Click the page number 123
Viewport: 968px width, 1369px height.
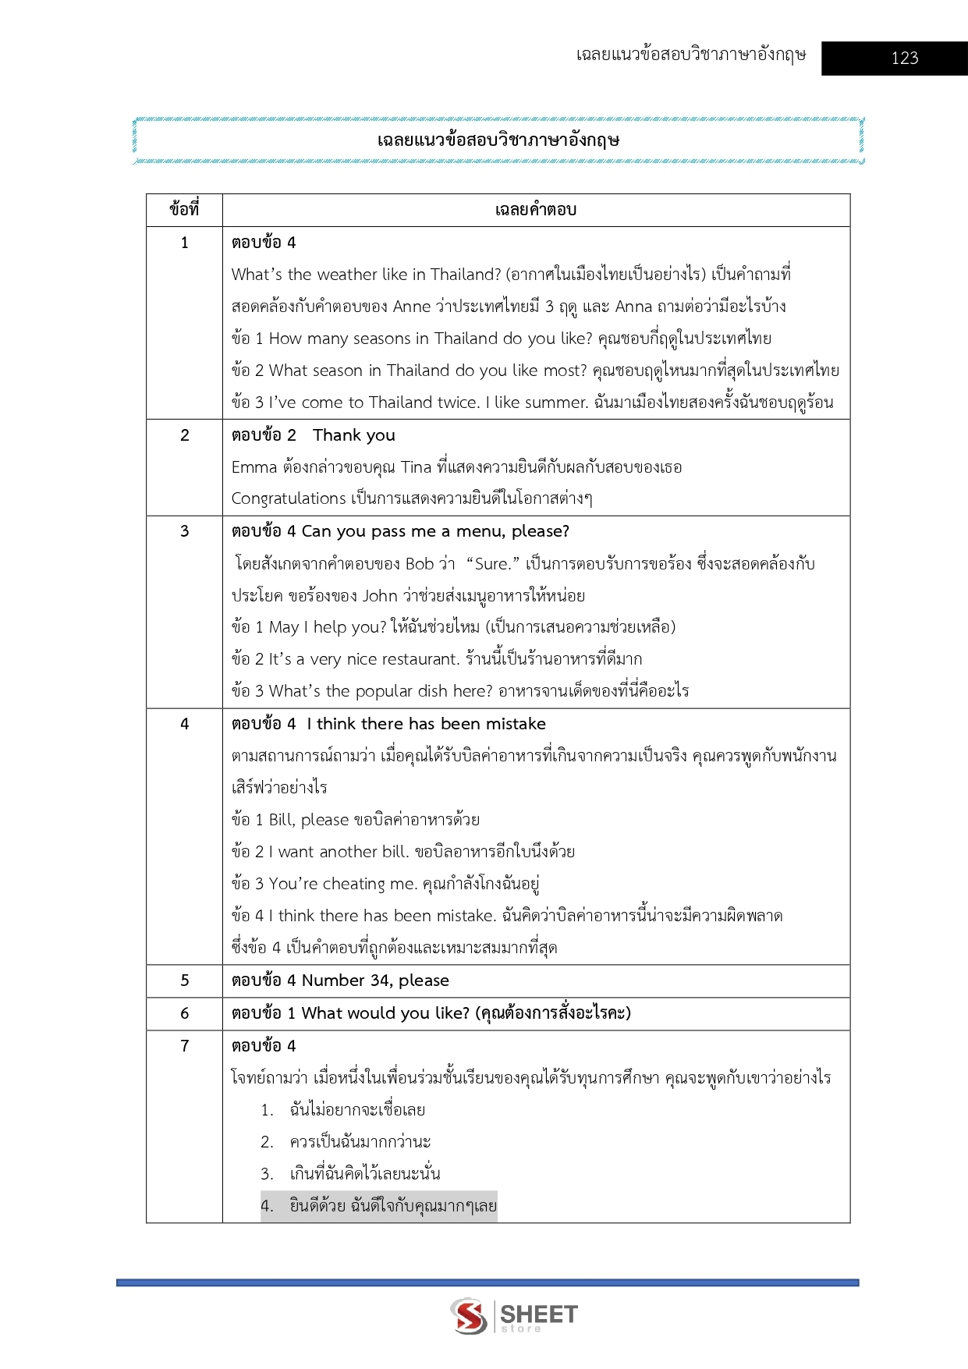(x=904, y=58)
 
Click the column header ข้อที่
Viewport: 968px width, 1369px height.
(x=184, y=210)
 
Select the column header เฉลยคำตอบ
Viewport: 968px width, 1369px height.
(x=535, y=210)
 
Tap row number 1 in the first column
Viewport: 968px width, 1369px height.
(x=185, y=243)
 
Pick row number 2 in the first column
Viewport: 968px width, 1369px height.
(x=185, y=435)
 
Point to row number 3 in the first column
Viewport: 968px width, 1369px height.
(x=185, y=531)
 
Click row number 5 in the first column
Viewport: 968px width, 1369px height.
(x=185, y=981)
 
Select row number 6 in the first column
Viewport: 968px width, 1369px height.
(x=185, y=1013)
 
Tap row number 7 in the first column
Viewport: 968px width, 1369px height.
(x=185, y=1046)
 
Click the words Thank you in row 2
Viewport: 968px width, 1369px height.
(x=354, y=435)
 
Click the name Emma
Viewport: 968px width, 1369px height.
(x=254, y=467)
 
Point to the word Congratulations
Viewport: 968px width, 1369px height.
(x=289, y=498)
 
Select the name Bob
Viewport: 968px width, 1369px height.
(x=419, y=564)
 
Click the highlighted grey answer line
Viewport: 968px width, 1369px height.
(x=379, y=1206)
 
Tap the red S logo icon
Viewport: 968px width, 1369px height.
(x=469, y=1316)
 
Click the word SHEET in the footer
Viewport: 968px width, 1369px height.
(x=539, y=1314)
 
